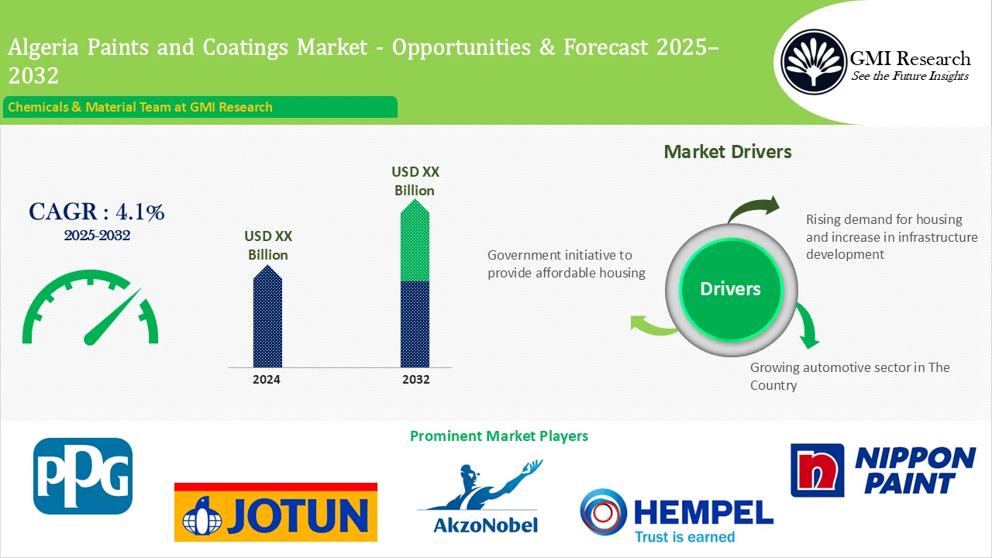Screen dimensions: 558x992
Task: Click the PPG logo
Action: (83, 476)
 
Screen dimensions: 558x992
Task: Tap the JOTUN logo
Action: (275, 512)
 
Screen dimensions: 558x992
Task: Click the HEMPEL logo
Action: (676, 515)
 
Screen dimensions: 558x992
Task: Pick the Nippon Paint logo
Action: (883, 470)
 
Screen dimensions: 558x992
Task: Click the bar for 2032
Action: (415, 284)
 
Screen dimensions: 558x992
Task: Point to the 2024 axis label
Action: (267, 380)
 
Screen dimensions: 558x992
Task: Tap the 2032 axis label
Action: (415, 380)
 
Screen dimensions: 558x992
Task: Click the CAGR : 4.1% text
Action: (96, 212)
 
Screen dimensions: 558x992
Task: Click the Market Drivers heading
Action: (728, 152)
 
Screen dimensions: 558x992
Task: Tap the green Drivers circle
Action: (730, 289)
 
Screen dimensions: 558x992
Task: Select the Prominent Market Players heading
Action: (498, 436)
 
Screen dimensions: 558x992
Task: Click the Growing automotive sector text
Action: (849, 376)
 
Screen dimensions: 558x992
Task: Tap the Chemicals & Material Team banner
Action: (200, 107)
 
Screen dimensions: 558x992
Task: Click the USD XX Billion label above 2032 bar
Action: (414, 181)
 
